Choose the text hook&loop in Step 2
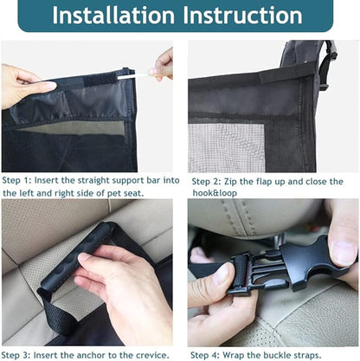pos(215,193)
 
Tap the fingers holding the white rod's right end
pos(164,64)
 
